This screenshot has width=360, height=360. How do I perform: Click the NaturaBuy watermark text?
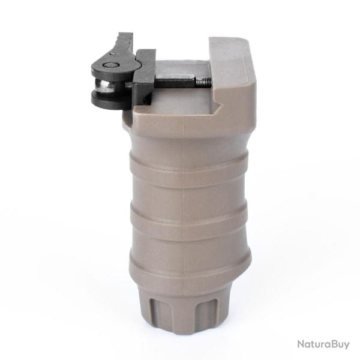[x=322, y=344]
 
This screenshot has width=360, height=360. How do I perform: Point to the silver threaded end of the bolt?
[x=205, y=81]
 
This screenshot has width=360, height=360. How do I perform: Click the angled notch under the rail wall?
[x=219, y=109]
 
